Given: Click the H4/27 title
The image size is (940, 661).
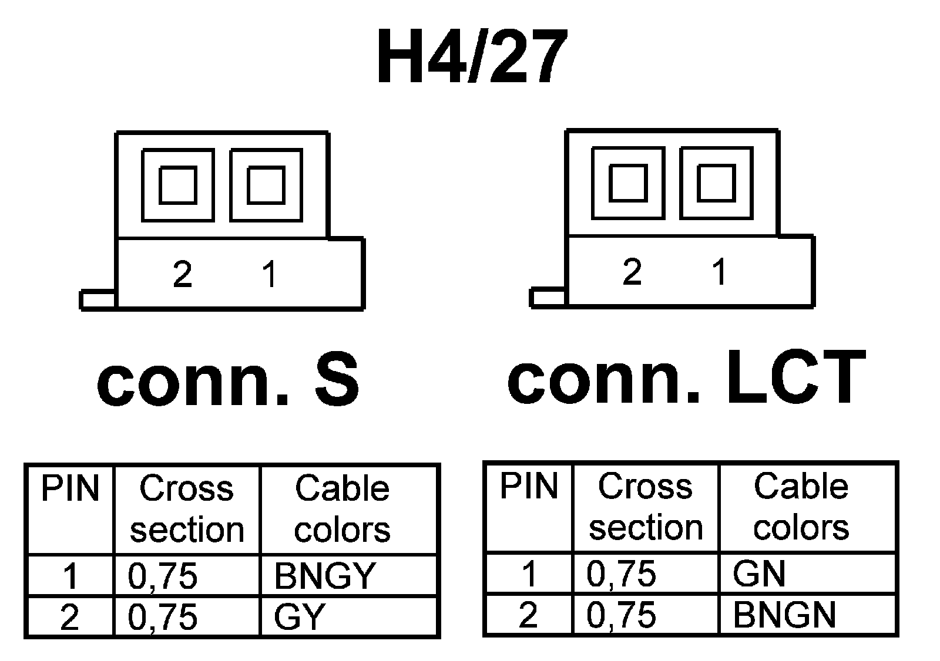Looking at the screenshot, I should [472, 58].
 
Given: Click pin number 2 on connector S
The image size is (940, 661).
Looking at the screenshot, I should [182, 274].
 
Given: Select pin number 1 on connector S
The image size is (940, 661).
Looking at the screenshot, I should [270, 274].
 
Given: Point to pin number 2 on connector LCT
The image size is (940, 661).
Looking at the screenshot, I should [632, 272].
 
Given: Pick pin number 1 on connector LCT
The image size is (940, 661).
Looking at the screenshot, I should [719, 272].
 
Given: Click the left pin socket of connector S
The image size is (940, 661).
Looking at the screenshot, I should [178, 185].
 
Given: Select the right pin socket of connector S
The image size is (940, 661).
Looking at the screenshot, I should [266, 185].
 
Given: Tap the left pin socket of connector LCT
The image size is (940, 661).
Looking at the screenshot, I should [628, 183].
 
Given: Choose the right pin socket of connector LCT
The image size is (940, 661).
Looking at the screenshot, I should [716, 183].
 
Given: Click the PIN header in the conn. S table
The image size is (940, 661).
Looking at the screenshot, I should [70, 488].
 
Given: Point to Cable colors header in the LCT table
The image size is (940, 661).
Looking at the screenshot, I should [801, 507].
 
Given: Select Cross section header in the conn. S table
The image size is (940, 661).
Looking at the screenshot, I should [187, 509].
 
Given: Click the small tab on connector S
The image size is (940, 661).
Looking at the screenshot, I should [98, 299].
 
